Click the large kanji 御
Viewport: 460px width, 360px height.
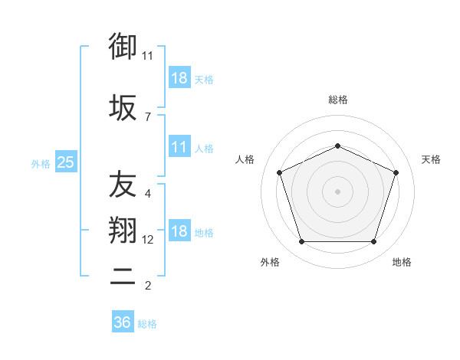[x=123, y=46]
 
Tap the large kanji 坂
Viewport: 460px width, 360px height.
[x=123, y=107]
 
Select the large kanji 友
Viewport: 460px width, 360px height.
[x=123, y=184]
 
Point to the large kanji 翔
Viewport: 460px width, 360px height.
[x=123, y=230]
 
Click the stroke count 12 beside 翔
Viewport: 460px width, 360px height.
[x=147, y=240]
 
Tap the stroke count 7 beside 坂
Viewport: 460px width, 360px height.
[x=148, y=117]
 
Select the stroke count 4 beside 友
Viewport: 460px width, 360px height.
[x=148, y=194]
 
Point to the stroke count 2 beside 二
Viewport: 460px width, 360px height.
[x=148, y=286]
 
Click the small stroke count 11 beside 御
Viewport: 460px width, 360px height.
[x=147, y=56]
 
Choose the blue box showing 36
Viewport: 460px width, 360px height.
[x=123, y=321]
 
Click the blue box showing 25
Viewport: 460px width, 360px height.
[x=66, y=162]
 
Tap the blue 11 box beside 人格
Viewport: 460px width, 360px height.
[x=180, y=146]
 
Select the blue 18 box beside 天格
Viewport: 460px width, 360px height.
[x=180, y=77]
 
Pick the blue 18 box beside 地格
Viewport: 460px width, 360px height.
[x=180, y=230]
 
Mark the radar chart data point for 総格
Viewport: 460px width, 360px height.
[x=337, y=146]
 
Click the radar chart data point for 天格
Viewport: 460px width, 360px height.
[x=396, y=172]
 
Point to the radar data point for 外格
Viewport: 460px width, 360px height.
[x=301, y=242]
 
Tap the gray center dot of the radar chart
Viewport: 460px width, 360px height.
[x=337, y=191]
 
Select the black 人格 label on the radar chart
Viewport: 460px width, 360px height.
[x=245, y=159]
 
